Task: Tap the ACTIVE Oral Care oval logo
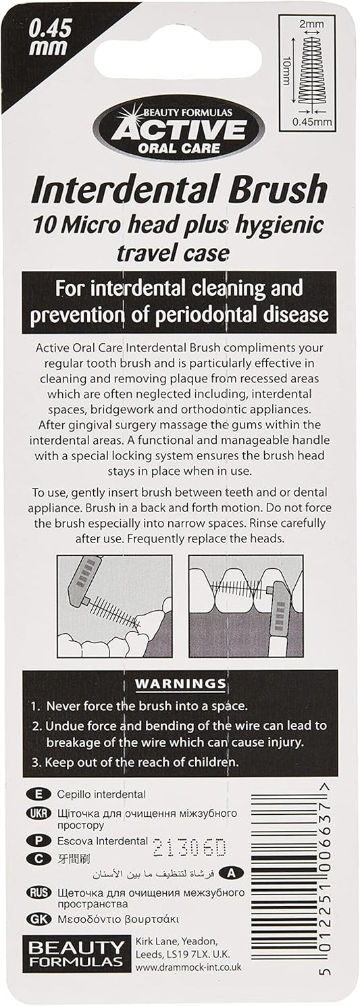point(179,131)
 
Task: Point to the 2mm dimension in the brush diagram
point(311,24)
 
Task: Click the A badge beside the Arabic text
point(232,873)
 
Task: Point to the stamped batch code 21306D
point(189,847)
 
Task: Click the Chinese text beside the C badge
point(74,859)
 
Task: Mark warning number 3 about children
point(135,762)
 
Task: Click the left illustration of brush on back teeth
point(114,606)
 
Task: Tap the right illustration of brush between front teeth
point(246,606)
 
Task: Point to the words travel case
point(173,254)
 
